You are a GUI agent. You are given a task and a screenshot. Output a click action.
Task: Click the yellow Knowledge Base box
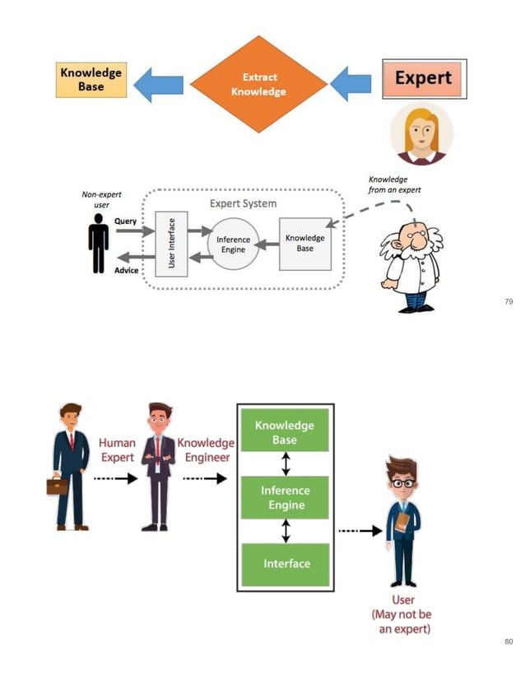[x=91, y=80]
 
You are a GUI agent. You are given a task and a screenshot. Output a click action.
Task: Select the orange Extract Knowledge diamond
[x=258, y=84]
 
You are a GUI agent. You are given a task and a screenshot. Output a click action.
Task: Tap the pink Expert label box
[x=424, y=79]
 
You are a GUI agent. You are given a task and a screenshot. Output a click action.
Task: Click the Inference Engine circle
[x=233, y=244]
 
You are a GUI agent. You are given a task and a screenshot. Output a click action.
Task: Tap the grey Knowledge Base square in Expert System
[x=304, y=243]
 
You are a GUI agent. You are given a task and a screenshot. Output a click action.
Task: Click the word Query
[x=125, y=221]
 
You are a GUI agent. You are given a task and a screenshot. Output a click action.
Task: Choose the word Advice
[x=127, y=271]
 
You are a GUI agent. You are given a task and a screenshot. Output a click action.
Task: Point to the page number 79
[x=508, y=302]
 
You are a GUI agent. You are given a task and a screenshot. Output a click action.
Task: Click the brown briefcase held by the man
[x=57, y=486]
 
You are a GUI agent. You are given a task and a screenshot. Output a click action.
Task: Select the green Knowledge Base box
[x=285, y=432]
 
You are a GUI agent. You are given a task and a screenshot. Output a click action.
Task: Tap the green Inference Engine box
[x=285, y=498]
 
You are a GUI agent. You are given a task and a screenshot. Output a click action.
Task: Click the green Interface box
[x=286, y=564]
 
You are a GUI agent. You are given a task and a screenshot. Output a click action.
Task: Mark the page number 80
[x=508, y=640]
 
